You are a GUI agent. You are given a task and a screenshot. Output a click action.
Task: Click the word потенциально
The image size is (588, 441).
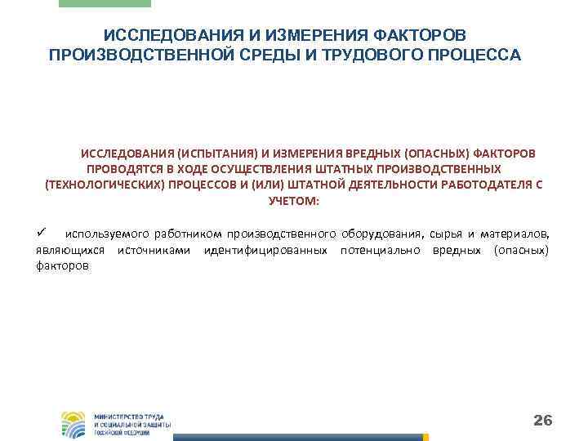(378, 250)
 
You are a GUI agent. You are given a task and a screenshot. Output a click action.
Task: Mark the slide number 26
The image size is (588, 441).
(542, 421)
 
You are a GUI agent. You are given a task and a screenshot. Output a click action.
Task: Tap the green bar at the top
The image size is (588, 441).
(105, 3)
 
